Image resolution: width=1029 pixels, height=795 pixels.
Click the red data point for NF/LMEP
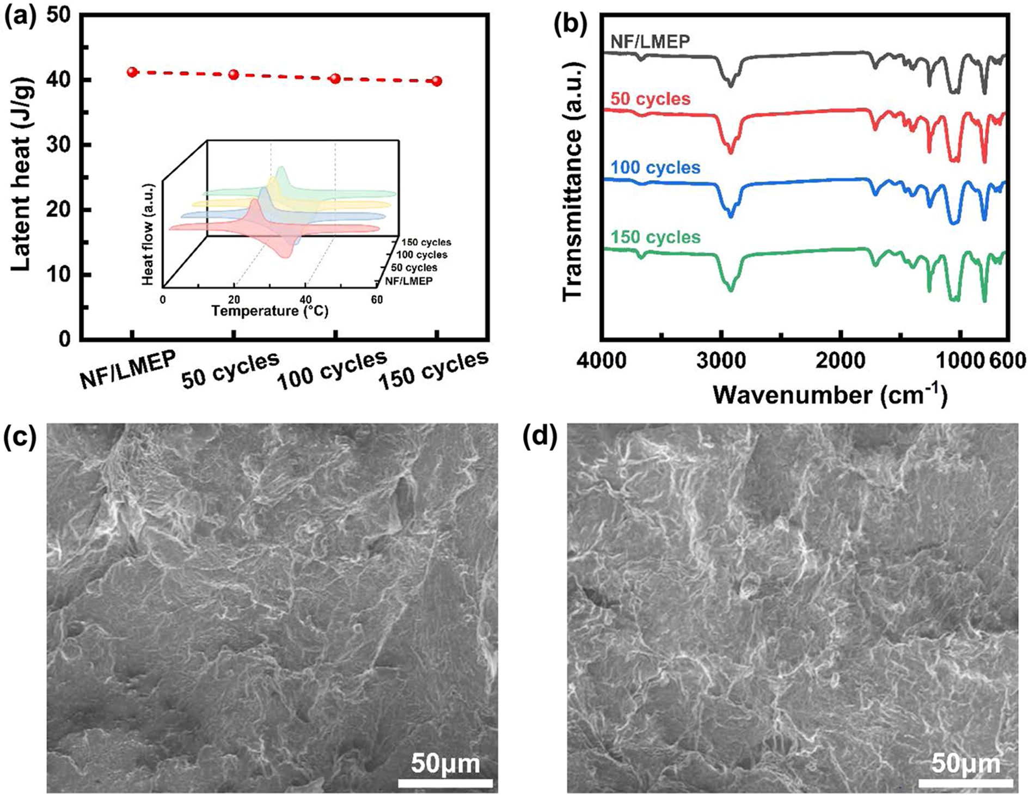(132, 72)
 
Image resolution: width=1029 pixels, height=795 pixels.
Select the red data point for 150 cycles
(437, 81)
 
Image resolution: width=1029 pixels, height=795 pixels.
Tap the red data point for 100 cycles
(335, 78)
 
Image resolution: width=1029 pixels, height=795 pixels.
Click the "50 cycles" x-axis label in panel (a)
(230, 370)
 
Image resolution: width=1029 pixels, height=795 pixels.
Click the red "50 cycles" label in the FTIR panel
(650, 99)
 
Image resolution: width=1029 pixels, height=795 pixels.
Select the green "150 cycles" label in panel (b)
(656, 237)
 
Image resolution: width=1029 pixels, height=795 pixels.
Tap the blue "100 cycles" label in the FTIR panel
(656, 167)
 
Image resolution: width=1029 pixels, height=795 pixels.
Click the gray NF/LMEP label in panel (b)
(650, 41)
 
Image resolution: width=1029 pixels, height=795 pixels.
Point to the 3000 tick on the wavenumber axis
(722, 360)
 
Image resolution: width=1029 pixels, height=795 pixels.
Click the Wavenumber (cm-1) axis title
(830, 394)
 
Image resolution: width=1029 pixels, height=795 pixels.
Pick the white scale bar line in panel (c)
(445, 783)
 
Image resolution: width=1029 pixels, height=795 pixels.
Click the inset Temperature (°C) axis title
(269, 311)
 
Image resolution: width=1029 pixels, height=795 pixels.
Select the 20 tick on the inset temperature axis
(234, 299)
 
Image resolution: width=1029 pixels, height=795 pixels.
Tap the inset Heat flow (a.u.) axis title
(148, 234)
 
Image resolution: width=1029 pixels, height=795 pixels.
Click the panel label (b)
(571, 24)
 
